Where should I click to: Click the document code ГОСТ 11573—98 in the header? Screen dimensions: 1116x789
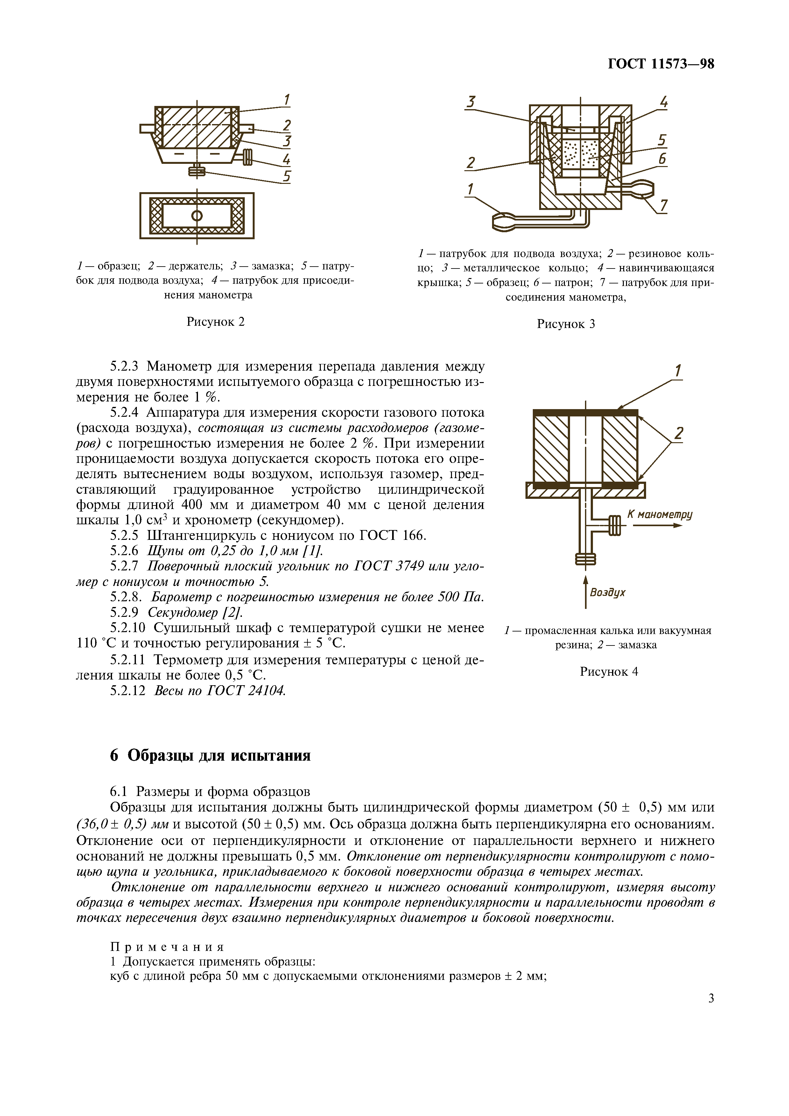tap(661, 64)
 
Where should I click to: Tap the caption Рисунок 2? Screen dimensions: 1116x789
tap(215, 321)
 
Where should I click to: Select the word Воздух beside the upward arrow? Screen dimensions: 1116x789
tap(608, 592)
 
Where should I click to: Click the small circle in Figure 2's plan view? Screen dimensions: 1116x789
tap(197, 216)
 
